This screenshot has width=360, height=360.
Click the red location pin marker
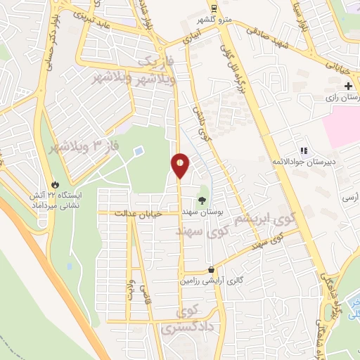click(x=180, y=165)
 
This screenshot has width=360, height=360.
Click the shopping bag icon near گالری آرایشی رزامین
click(x=212, y=269)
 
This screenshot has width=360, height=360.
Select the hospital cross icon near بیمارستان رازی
click(x=348, y=86)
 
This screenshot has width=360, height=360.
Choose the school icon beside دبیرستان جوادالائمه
click(x=304, y=150)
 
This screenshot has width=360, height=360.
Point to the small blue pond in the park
click(x=139, y=150)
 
